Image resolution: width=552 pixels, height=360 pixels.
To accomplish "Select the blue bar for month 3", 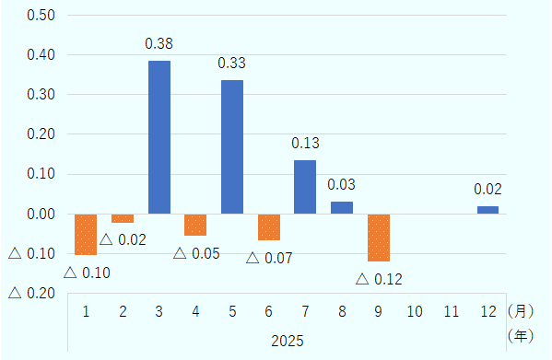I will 159,137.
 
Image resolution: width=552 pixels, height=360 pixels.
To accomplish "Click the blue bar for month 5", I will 232,147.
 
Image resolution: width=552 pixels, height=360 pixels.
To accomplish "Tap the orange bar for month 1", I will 86,234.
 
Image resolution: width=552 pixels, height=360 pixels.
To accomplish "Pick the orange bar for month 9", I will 378,238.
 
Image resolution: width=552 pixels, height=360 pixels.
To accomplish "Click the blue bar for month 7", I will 305,187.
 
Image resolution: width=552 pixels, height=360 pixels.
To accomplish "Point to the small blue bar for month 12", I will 487,210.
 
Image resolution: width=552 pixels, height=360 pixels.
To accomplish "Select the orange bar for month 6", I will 269,226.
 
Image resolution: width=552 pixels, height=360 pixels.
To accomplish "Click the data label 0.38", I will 159,43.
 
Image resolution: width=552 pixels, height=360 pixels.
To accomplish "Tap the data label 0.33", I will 232,64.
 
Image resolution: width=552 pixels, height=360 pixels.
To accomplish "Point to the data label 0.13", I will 305,143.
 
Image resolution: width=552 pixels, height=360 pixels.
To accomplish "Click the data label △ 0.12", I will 379,278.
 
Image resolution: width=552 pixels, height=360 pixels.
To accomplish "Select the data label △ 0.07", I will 269,258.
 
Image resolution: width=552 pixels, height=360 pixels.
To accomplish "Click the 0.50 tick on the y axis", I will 42,16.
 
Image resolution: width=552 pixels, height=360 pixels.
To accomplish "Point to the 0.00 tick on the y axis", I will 42,214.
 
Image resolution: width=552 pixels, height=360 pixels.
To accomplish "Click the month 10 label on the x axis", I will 415,311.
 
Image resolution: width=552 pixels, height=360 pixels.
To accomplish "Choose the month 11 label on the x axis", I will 452,311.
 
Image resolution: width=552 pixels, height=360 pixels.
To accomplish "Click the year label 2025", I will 287,341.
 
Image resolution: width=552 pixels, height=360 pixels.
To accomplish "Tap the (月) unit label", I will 521,311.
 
